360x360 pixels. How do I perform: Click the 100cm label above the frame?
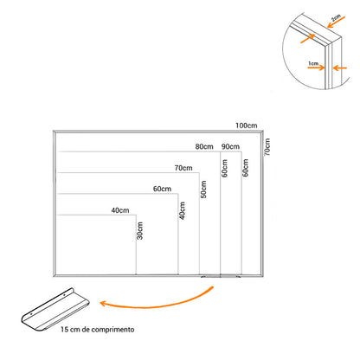246,125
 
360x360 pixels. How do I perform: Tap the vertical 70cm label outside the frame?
267,147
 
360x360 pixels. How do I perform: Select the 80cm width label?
204,146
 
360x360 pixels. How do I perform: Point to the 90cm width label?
230,146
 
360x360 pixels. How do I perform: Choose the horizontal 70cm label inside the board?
183,168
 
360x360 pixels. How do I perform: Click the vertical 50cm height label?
203,190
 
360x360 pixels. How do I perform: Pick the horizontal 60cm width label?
162,189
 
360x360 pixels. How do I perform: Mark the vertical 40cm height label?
183,210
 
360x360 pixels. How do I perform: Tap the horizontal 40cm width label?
120,210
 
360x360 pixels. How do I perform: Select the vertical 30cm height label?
140,230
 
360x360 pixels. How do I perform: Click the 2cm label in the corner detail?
336,18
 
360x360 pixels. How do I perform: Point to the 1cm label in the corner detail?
313,63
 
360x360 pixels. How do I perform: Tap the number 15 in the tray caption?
64,330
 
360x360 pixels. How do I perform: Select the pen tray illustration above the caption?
55,309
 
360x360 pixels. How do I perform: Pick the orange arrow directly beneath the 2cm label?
336,22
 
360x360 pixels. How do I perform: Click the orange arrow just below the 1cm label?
316,67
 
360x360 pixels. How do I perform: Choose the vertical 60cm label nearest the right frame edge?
245,168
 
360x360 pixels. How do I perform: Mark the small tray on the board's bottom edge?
221,276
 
